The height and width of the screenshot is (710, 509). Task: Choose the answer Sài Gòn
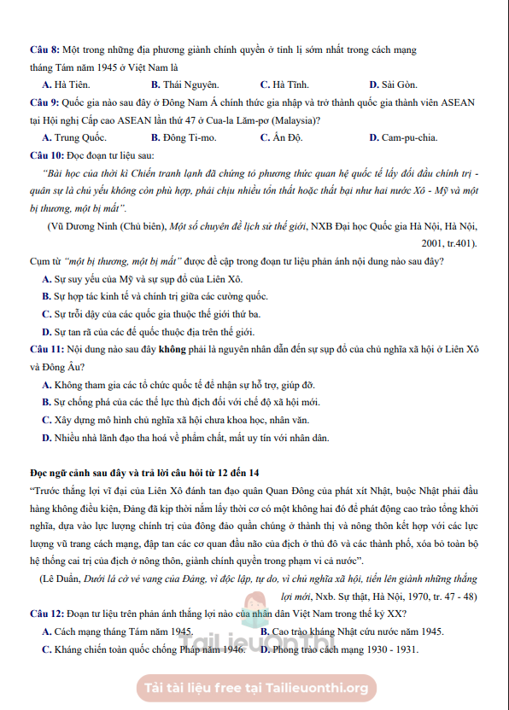pos(398,84)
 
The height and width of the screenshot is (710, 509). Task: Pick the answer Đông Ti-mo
pos(189,137)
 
